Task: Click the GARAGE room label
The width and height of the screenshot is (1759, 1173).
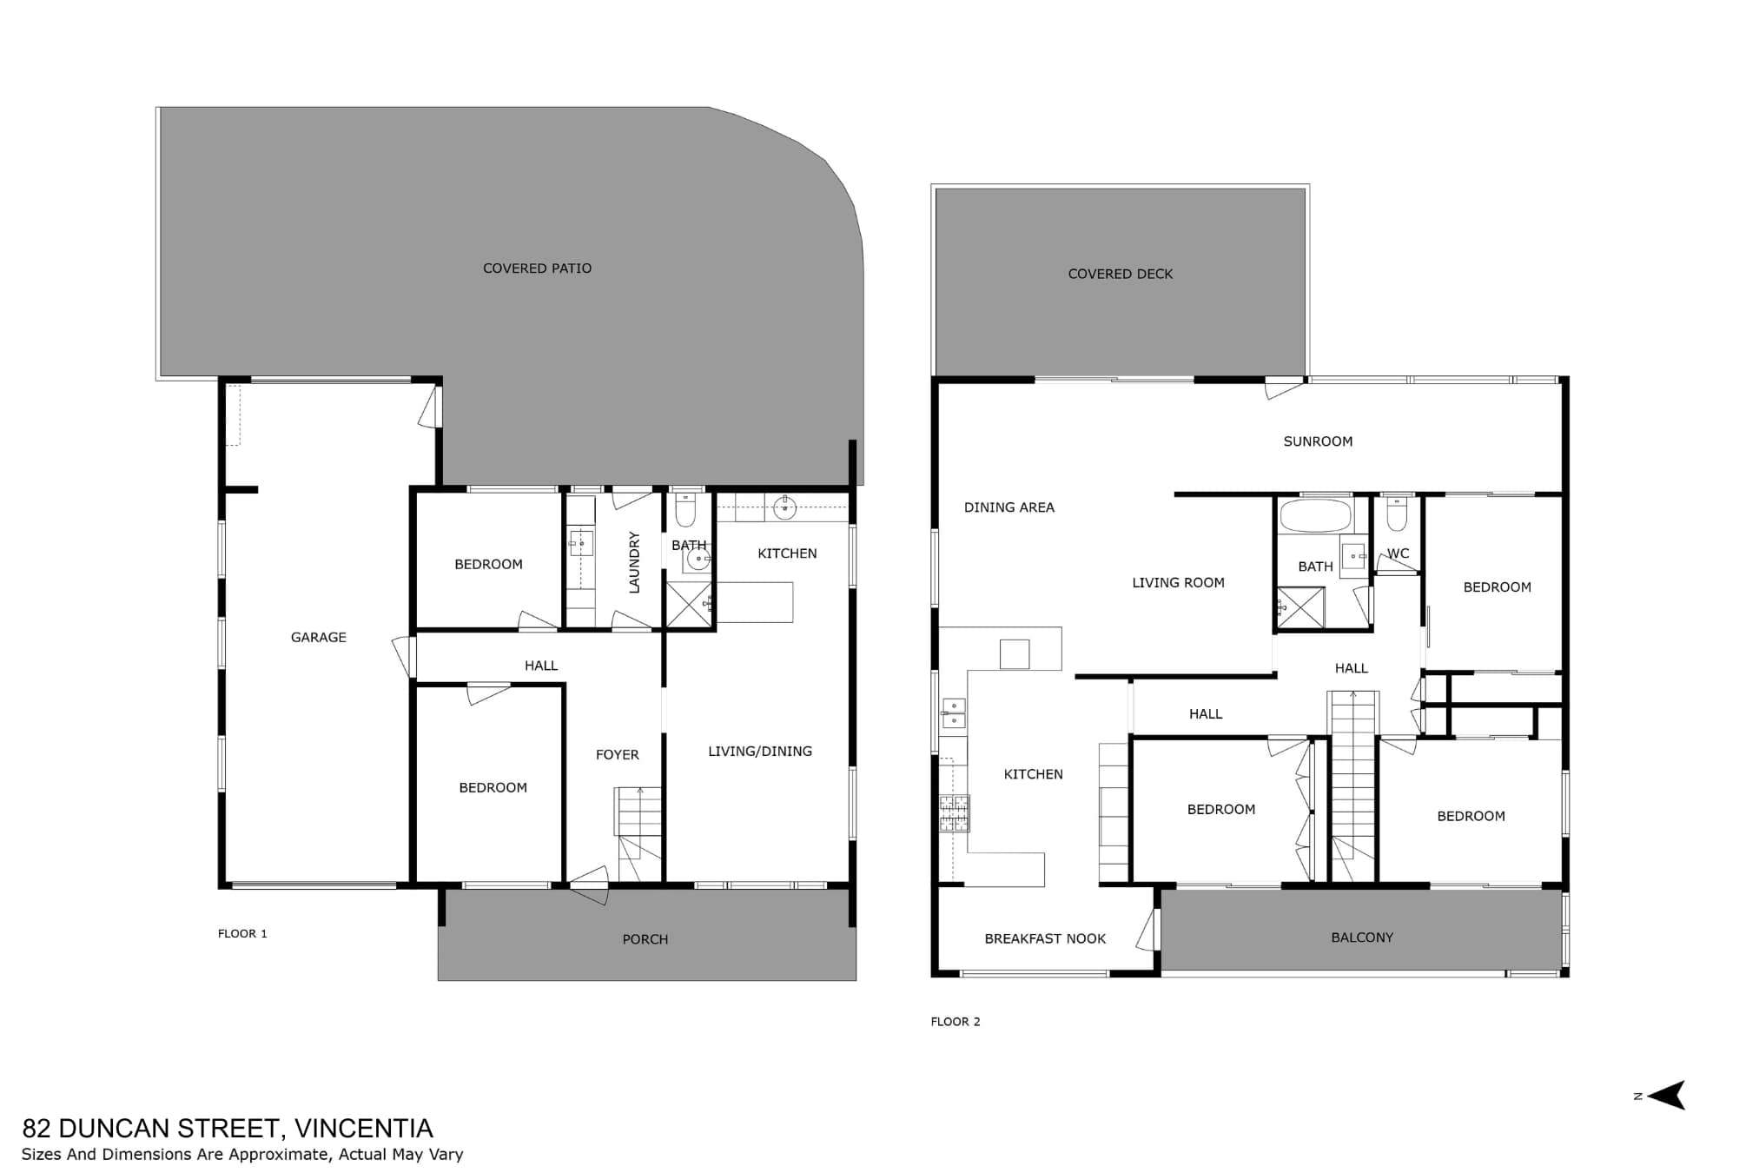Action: pos(318,638)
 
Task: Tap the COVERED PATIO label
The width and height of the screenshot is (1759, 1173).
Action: pos(537,268)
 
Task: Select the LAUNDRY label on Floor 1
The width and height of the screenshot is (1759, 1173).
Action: pos(634,563)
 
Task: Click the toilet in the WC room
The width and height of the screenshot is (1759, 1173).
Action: pos(1397,514)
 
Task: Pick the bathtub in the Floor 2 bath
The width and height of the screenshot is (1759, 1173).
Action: pos(1316,515)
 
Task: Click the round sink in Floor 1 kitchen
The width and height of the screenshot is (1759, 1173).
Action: pos(784,508)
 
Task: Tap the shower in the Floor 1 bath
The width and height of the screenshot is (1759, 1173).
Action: pos(688,604)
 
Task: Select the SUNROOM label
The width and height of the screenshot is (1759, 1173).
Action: pos(1318,441)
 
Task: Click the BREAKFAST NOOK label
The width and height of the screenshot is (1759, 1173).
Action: pos(1045,938)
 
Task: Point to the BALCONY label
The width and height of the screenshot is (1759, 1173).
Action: pos(1362,938)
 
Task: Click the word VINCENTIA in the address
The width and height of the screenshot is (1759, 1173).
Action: pos(364,1128)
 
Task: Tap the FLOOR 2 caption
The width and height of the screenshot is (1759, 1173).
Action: pos(956,1022)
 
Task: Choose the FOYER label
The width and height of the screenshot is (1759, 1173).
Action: pos(618,755)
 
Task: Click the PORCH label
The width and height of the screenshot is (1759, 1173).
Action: pos(645,939)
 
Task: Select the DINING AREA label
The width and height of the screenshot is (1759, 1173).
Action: pos(1009,507)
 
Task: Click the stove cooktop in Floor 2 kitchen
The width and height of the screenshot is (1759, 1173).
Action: pos(955,813)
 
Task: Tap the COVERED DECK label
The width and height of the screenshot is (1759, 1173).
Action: pos(1121,274)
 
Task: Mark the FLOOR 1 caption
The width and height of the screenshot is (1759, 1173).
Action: pos(242,934)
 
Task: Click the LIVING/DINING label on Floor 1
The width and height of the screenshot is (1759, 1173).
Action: pos(760,752)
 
